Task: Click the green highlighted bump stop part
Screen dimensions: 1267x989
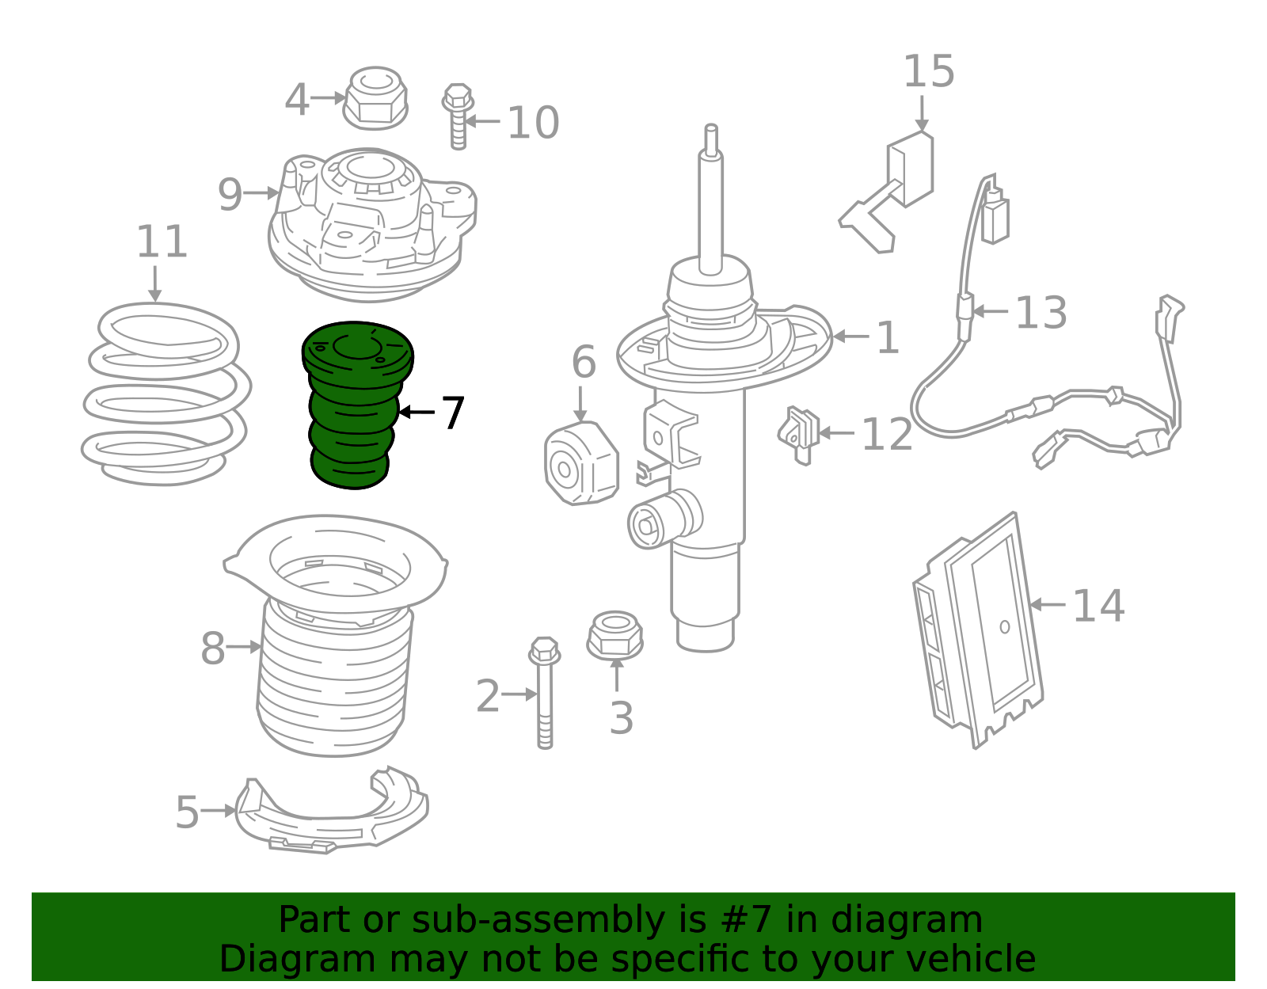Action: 356,405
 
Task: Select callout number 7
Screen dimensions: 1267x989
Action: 453,413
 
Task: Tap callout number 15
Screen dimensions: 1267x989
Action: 929,71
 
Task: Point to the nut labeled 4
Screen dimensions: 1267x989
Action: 375,98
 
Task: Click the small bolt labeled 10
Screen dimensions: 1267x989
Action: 458,116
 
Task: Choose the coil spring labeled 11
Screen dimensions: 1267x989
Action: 166,394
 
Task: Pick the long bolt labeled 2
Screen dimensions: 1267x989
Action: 545,693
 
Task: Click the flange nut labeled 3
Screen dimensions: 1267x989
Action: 615,635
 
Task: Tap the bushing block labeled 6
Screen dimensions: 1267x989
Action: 580,463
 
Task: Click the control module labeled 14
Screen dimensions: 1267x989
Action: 978,630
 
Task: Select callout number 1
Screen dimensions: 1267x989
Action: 888,337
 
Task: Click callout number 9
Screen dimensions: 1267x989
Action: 230,194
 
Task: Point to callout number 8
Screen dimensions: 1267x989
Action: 213,648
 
